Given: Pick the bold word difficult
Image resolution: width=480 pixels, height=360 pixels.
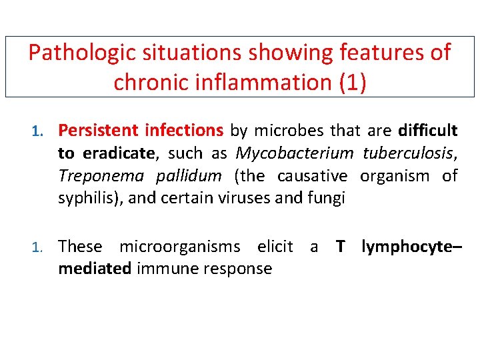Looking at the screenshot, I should click(x=427, y=130).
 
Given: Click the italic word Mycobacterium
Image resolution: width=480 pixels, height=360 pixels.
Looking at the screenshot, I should click(x=295, y=153).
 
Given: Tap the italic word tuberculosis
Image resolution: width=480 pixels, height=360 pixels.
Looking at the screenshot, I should click(x=408, y=153).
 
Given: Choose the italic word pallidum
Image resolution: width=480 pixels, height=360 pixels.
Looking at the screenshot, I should click(x=189, y=177).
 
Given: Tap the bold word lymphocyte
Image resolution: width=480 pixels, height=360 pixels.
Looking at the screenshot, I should click(x=409, y=247).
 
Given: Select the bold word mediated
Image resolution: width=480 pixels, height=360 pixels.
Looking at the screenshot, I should click(x=95, y=269).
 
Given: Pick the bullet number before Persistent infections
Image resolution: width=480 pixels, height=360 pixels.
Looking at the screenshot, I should click(x=39, y=131).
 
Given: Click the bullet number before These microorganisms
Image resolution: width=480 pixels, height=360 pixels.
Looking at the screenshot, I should click(x=39, y=247).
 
